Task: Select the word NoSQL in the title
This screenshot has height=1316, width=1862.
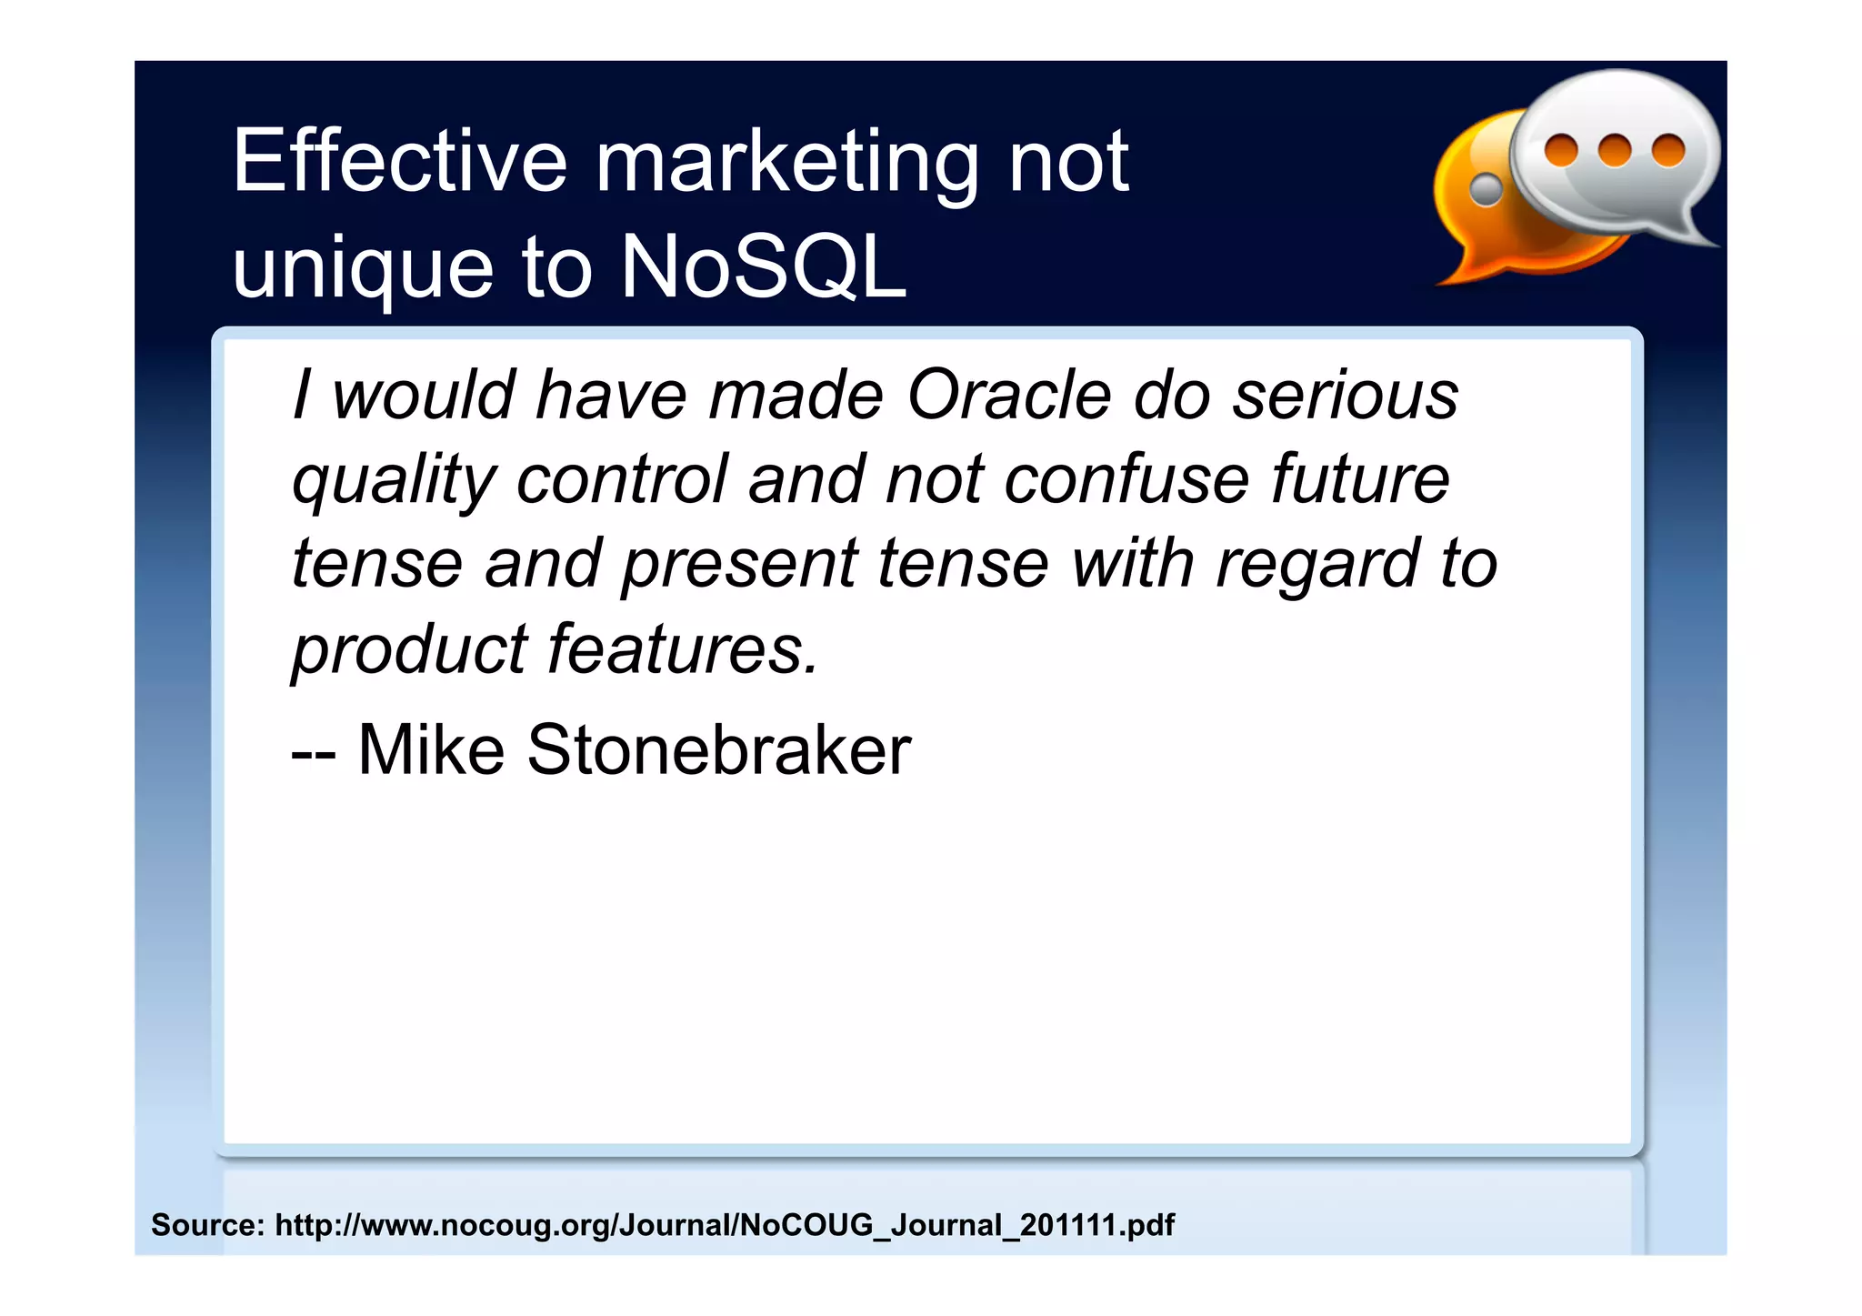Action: click(763, 266)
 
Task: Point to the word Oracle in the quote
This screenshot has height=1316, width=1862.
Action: click(1009, 397)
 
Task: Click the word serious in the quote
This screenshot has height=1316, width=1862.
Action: click(1345, 397)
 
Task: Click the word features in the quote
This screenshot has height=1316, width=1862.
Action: click(683, 649)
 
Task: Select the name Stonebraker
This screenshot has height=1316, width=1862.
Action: click(718, 750)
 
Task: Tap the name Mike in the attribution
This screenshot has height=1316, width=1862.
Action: click(431, 750)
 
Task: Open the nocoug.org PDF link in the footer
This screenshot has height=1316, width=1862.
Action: click(725, 1225)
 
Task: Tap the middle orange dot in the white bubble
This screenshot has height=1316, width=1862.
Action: click(1615, 150)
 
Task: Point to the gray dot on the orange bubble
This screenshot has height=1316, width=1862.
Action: click(1487, 189)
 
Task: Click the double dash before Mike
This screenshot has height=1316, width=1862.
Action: click(314, 754)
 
